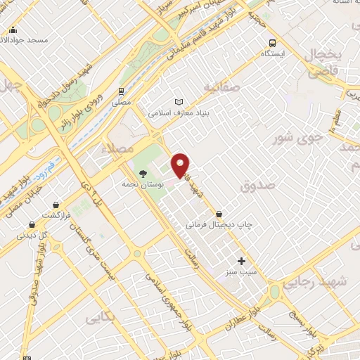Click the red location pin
[181, 165]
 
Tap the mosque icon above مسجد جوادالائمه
[13, 30]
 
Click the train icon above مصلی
[122, 91]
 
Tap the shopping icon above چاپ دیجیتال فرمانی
[220, 214]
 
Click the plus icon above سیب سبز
[242, 261]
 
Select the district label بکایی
[97, 318]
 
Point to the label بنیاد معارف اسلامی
[178, 113]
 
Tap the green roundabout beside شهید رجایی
[274, 291]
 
